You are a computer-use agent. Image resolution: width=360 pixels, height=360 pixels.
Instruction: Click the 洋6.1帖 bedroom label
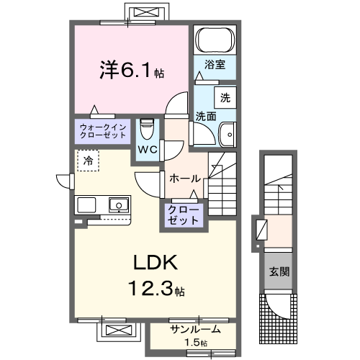131,70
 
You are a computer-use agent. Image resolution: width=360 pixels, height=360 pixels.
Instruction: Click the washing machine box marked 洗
225,98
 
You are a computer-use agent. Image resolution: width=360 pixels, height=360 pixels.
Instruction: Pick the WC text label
148,150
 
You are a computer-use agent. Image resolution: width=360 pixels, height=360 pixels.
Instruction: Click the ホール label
184,178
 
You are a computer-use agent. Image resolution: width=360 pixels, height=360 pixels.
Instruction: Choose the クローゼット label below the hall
185,215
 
